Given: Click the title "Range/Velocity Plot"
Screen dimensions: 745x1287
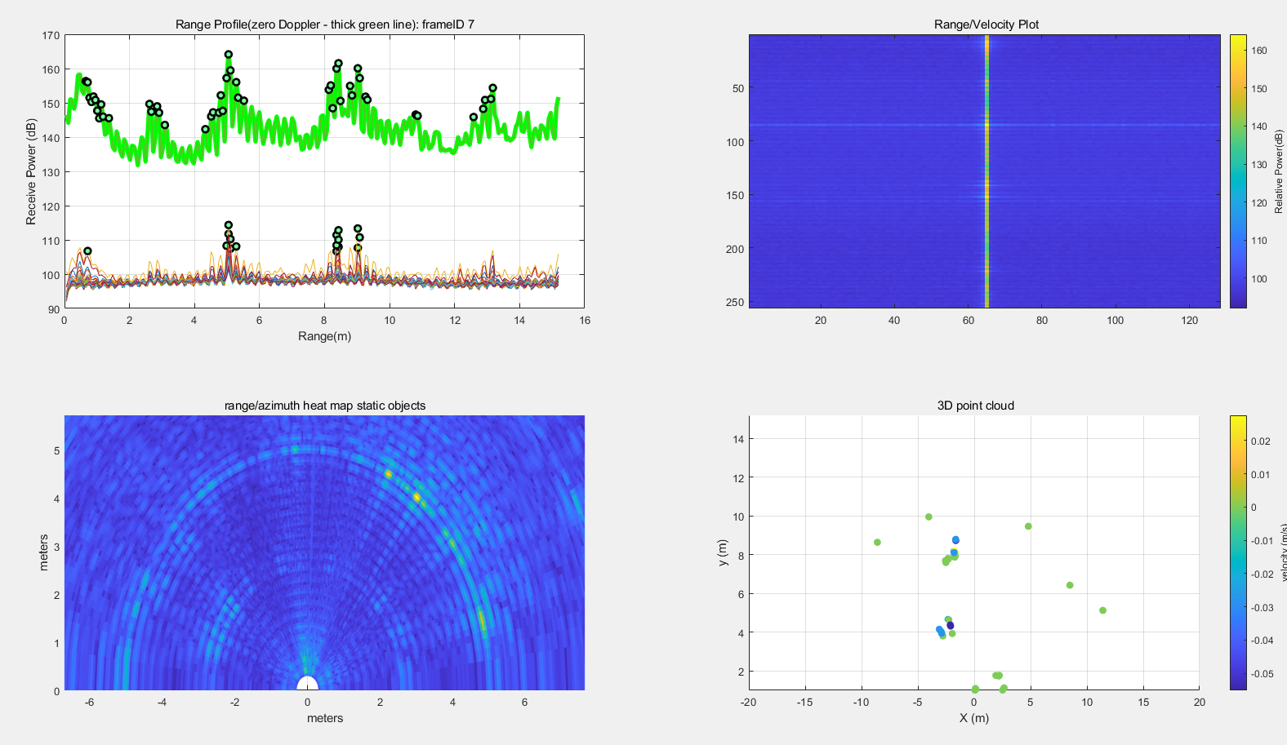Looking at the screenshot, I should [x=986, y=24].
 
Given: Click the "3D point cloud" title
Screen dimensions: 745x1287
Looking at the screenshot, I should [x=975, y=406].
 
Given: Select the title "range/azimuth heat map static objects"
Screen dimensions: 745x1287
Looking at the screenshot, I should [x=324, y=406].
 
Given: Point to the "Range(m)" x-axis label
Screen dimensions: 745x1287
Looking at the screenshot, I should [x=324, y=336].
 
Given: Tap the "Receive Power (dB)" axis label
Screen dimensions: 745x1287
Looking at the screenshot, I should [x=31, y=171].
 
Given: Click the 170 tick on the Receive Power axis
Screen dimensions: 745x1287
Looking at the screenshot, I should [x=51, y=36].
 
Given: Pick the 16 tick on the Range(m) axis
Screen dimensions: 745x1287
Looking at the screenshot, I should [x=585, y=321].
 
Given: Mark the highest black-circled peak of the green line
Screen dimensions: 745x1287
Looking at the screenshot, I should [x=229, y=55].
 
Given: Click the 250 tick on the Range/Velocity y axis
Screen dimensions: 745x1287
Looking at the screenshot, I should [x=736, y=303].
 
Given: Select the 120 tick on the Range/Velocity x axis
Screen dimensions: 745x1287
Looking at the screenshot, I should [x=1189, y=321].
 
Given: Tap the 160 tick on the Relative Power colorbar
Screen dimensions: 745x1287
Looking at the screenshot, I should [x=1259, y=51].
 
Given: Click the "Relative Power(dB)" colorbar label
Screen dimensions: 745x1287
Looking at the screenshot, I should [x=1279, y=171].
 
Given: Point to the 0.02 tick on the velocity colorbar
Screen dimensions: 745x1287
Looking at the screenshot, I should [x=1261, y=441].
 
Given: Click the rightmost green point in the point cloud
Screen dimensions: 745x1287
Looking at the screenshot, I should [x=1102, y=610].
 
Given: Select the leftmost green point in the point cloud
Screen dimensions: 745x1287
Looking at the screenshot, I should [x=877, y=543].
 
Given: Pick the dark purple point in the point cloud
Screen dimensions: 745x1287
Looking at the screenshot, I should [x=950, y=626].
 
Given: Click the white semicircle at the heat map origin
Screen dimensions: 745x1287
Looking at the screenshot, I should [x=307, y=685].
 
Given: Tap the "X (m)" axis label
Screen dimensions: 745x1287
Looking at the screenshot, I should [x=973, y=718].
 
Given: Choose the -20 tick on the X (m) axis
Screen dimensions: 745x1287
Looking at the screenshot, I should [x=748, y=703].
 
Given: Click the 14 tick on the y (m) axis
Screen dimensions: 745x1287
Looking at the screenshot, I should [x=738, y=439].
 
